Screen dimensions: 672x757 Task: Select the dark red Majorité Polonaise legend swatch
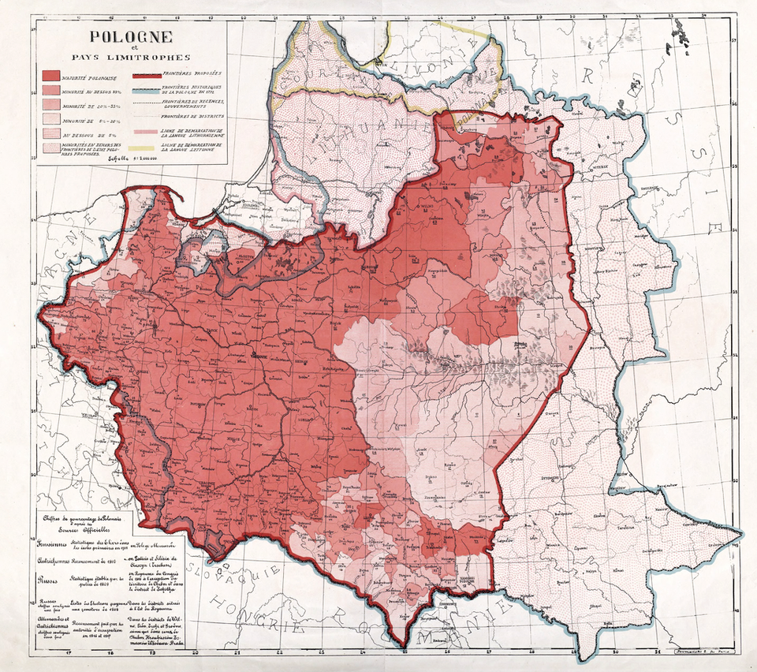coord(56,77)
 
